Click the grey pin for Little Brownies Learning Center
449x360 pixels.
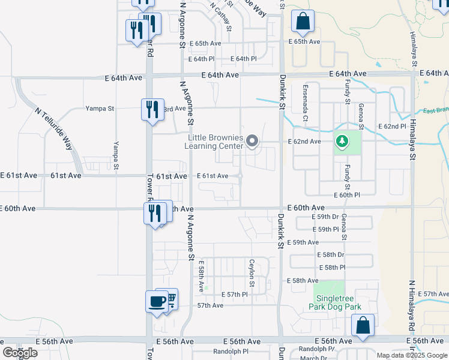(x=253, y=142)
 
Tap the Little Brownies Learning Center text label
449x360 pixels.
(x=214, y=142)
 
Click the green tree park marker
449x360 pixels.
(x=342, y=142)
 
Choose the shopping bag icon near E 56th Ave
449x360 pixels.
(x=363, y=325)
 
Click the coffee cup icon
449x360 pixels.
(x=157, y=301)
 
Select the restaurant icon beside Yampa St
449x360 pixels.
(x=149, y=109)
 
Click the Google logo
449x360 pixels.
(x=20, y=353)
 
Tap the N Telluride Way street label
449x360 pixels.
(x=53, y=129)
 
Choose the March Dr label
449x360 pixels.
(x=313, y=358)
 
